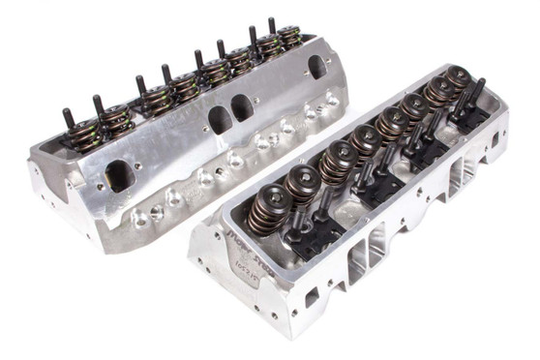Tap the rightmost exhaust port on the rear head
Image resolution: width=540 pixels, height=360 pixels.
[316, 67]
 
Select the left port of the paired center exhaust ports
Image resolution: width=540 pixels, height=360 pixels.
[220, 119]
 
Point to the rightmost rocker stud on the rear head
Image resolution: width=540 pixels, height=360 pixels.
[271, 26]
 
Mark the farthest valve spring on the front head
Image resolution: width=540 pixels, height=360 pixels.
[456, 80]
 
